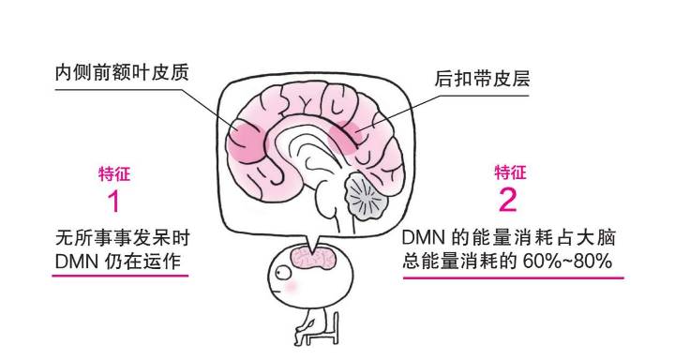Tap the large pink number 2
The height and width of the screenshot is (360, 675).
507,200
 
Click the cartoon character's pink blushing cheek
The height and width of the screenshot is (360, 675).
291,289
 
